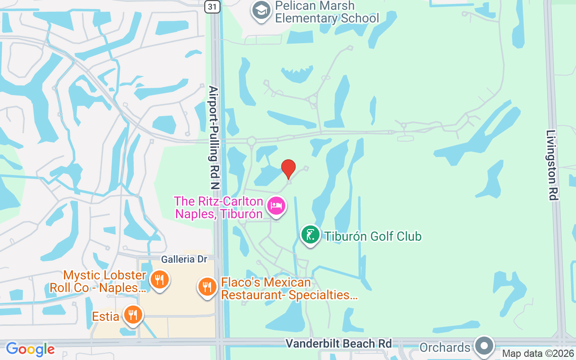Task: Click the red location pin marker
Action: [x=288, y=169]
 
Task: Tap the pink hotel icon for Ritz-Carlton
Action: [x=276, y=207]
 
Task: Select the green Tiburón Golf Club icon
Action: [x=310, y=235]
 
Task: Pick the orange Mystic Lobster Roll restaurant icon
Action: [x=159, y=280]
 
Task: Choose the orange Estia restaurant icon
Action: [x=132, y=315]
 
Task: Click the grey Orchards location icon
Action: [x=484, y=346]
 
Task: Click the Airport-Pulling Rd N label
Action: [x=213, y=137]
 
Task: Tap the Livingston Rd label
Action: [x=552, y=165]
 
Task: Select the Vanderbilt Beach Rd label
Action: [x=338, y=343]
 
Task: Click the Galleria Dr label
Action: [x=184, y=260]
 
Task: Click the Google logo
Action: [x=30, y=349]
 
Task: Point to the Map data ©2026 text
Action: [x=538, y=354]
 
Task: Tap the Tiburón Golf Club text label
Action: [x=373, y=236]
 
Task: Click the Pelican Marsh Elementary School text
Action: [x=327, y=12]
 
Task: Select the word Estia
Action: [x=106, y=316]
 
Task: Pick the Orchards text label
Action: [x=445, y=347]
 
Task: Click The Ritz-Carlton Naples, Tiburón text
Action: [x=219, y=207]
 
